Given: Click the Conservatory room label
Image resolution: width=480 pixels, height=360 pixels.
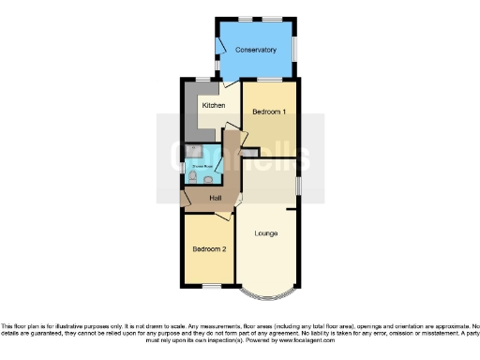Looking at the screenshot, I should click(256, 50).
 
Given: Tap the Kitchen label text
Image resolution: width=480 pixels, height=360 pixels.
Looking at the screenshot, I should click(214, 106).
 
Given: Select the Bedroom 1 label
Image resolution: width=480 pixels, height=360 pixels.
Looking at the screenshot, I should click(270, 112).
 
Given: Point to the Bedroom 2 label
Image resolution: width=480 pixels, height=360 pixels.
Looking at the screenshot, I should click(210, 249).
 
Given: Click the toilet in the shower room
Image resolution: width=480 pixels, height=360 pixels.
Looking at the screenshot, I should click(192, 176).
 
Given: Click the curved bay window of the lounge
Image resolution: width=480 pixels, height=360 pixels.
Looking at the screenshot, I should click(267, 294).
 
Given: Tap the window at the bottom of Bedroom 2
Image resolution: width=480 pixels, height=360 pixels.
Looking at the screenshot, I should click(208, 286).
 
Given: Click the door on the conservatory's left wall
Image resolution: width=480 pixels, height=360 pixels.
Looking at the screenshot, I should click(221, 43).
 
